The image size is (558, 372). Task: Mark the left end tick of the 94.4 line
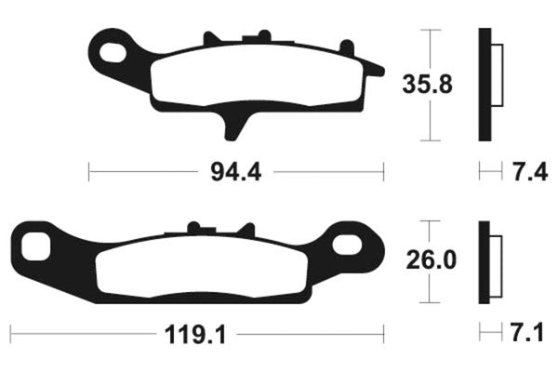pyautogui.click(x=88, y=172)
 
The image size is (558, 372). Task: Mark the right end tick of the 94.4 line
pyautogui.click(x=383, y=172)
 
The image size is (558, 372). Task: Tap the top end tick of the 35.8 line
pyautogui.click(x=428, y=30)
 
